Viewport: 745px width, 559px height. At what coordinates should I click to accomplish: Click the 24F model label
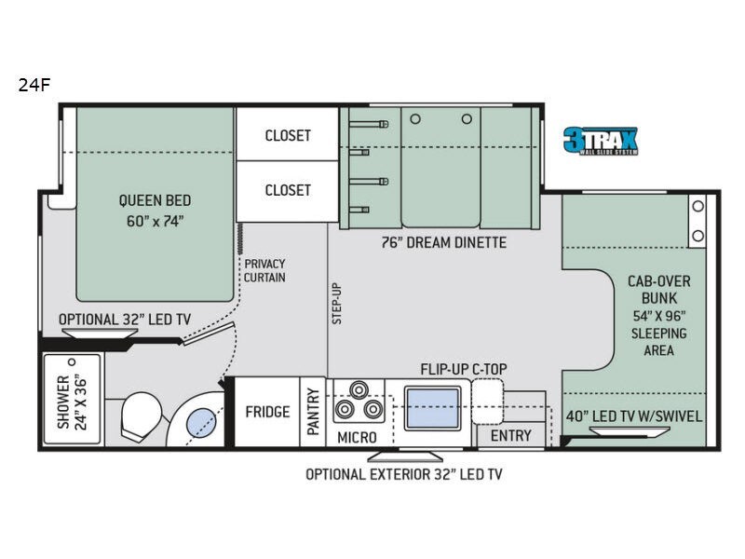click(x=33, y=85)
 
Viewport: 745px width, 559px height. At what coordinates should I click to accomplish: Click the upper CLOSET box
click(x=288, y=135)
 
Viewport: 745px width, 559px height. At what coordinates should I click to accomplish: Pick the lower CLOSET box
click(x=288, y=190)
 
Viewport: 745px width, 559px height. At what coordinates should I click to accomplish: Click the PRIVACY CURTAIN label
click(x=265, y=271)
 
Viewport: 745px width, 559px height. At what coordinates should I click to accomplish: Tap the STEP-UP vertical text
click(x=337, y=303)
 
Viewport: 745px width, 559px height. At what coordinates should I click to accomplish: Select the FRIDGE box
click(x=266, y=412)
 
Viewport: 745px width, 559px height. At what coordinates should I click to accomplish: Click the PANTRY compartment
click(x=313, y=412)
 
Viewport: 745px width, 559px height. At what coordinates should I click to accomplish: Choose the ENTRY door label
click(x=510, y=435)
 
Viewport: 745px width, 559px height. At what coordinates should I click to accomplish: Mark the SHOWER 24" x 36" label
click(x=71, y=402)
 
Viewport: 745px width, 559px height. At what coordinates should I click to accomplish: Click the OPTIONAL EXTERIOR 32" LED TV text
click(x=404, y=474)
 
